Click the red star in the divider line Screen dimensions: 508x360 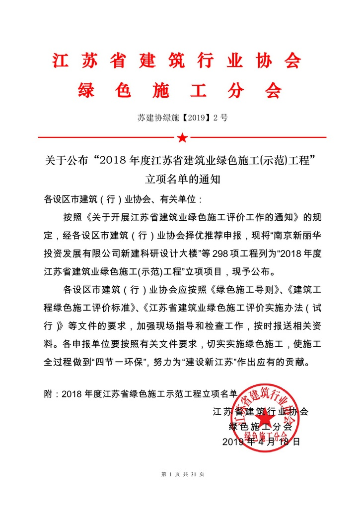pyautogui.click(x=182, y=137)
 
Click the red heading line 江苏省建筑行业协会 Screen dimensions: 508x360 pyautogui.click(x=176, y=61)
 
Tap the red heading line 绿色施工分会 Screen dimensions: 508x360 pyautogui.click(x=180, y=91)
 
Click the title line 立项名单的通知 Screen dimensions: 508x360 pyautogui.click(x=182, y=179)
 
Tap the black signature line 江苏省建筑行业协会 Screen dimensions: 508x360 pyautogui.click(x=260, y=411)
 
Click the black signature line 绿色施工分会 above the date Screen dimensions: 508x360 pyautogui.click(x=260, y=426)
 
